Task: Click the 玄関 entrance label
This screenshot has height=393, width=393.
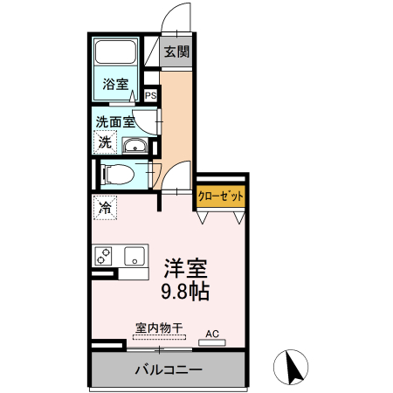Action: (x=176, y=52)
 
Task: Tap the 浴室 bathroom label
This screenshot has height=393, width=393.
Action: (x=115, y=85)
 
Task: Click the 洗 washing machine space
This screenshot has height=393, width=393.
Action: (x=105, y=141)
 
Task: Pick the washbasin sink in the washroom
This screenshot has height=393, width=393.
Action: (x=135, y=145)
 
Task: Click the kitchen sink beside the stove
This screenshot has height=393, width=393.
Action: (x=135, y=257)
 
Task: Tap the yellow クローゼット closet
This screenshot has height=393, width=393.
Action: (x=220, y=196)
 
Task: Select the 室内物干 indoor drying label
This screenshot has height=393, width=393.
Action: (x=159, y=327)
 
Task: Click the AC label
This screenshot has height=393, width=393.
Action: (x=212, y=333)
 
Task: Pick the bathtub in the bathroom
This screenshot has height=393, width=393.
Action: (x=115, y=53)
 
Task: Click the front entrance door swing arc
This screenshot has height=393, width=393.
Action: (x=178, y=16)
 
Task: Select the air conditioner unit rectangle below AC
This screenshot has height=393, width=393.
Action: (x=212, y=341)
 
